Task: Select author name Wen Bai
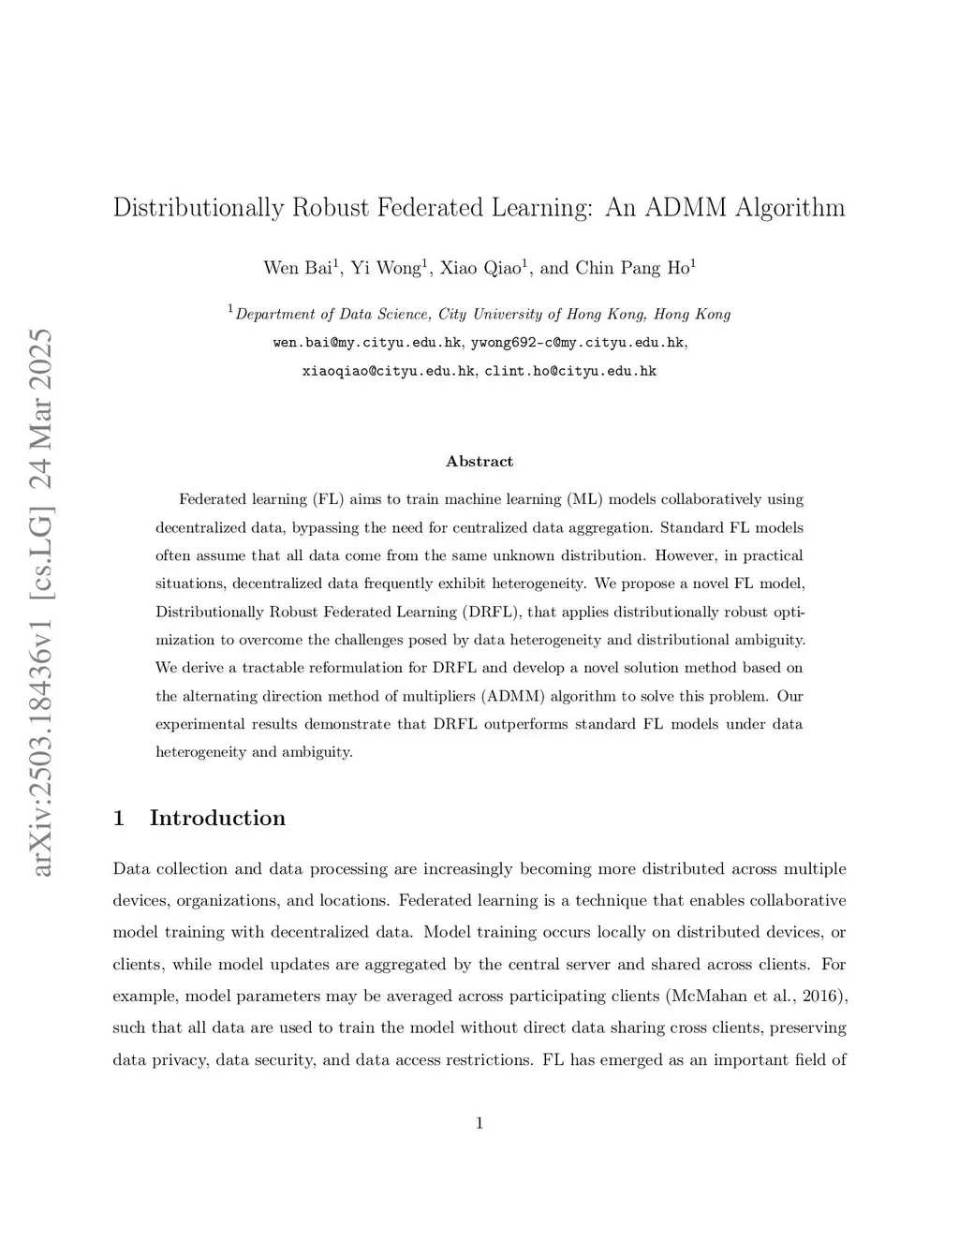[x=297, y=268]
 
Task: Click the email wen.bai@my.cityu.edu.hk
[x=367, y=343]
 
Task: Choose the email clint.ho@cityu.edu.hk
[x=570, y=371]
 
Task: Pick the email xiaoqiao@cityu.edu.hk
[x=388, y=371]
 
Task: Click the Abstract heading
[x=479, y=461]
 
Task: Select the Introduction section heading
[x=217, y=818]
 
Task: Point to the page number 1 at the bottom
[x=479, y=1123]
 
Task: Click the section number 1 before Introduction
[x=119, y=818]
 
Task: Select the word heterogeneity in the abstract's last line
[x=200, y=752]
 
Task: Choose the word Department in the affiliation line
[x=273, y=315]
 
